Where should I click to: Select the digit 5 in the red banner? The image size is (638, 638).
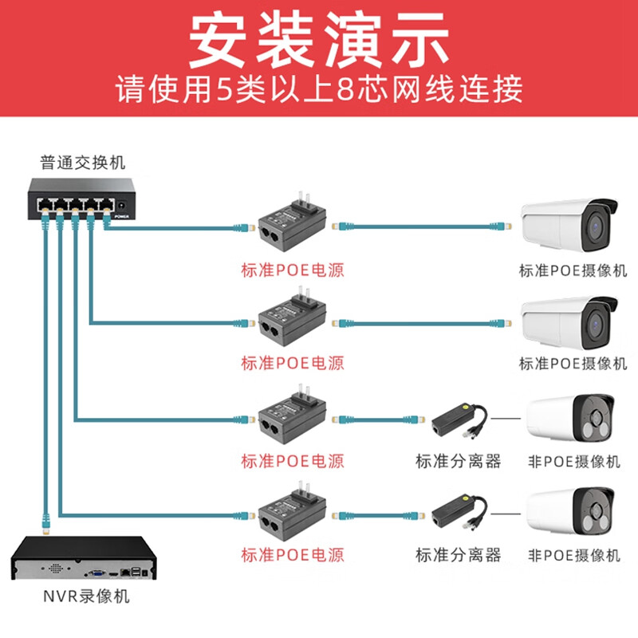click(x=226, y=89)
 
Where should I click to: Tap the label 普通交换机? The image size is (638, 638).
click(x=83, y=163)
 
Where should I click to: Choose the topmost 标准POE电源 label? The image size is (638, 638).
click(x=293, y=269)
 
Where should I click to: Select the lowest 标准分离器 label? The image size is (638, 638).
click(x=458, y=554)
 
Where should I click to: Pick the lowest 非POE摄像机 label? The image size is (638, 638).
click(x=573, y=554)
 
